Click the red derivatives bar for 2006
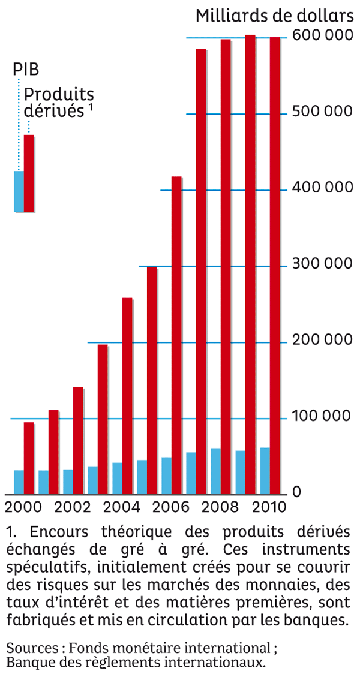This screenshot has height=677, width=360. click(x=176, y=336)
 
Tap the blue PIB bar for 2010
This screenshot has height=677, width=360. click(x=265, y=471)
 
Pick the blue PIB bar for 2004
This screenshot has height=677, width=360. click(x=117, y=479)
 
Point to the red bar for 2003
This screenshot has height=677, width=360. click(x=103, y=419)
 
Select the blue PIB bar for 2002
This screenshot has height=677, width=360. click(x=68, y=482)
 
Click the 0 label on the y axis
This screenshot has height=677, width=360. click(x=296, y=493)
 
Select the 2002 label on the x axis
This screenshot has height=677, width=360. click(x=72, y=507)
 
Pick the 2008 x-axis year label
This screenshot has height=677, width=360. click(x=220, y=507)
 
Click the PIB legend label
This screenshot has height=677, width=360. click(x=26, y=69)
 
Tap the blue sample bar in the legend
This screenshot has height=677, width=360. click(x=19, y=191)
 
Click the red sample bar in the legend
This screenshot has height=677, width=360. click(x=29, y=173)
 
